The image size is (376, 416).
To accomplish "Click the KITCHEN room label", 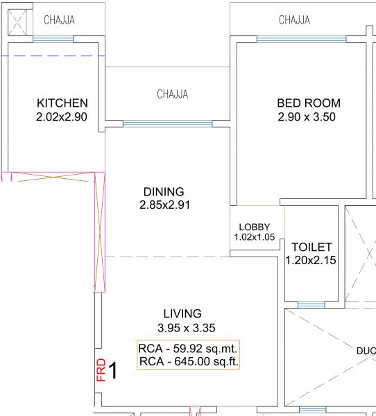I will click(x=62, y=103).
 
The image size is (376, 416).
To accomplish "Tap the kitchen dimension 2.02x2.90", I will click(x=62, y=117).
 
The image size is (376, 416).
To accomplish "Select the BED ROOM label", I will click(x=309, y=103).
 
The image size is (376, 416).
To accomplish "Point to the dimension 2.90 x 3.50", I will click(x=306, y=117).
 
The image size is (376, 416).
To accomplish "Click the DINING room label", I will click(x=164, y=191).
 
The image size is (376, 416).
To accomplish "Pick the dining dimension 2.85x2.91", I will click(x=164, y=205).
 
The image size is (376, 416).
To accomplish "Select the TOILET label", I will click(x=311, y=247).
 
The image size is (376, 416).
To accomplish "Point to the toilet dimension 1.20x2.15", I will click(x=311, y=261).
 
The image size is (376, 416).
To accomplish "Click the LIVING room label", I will click(x=182, y=313).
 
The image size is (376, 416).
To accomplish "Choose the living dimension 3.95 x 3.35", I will click(x=182, y=327).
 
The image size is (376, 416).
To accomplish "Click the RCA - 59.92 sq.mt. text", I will click(x=188, y=348).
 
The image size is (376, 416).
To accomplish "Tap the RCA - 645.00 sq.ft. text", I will click(x=188, y=361).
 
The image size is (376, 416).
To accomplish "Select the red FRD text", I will click(x=101, y=370).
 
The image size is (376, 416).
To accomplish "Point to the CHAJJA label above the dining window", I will click(x=172, y=94).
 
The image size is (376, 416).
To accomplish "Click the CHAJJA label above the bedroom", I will click(x=294, y=20).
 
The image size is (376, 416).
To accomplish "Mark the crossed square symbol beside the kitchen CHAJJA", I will click(x=18, y=21).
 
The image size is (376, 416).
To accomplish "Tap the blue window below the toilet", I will click(x=311, y=304).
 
